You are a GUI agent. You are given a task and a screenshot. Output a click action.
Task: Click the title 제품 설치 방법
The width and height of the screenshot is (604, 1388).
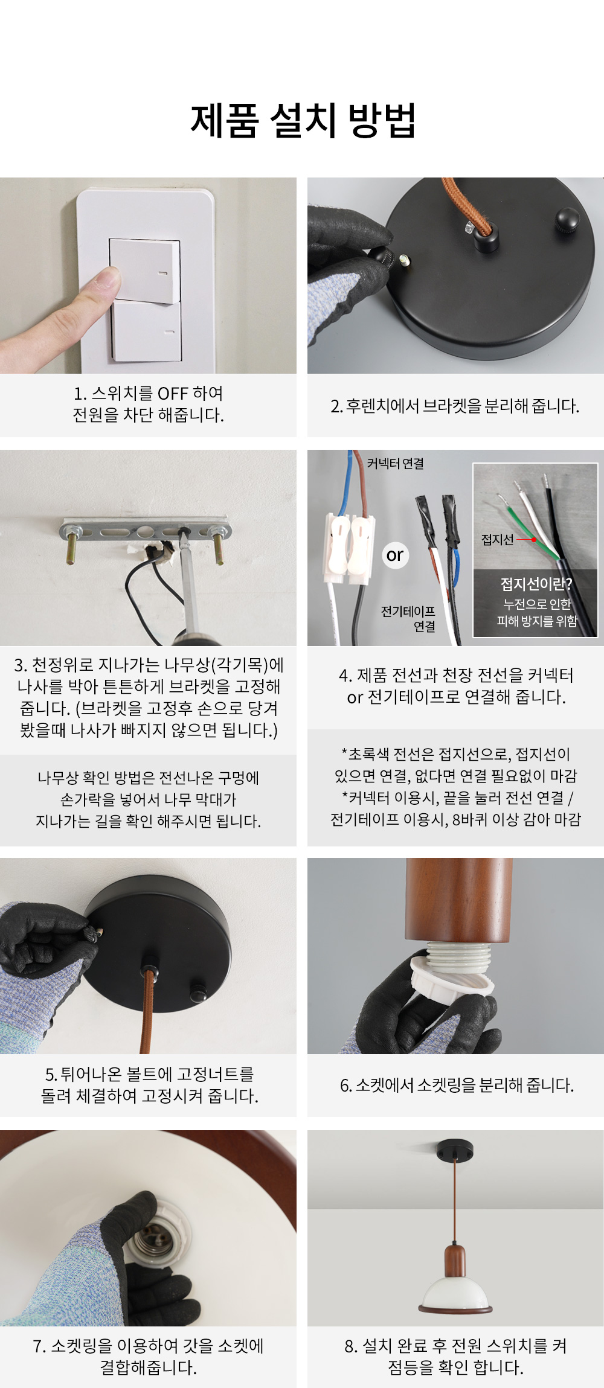[x=303, y=120]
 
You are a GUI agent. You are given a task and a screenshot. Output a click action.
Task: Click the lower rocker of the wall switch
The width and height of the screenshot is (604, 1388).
[x=147, y=331]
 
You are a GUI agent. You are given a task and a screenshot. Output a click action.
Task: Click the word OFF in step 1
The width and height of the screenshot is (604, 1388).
[x=173, y=394]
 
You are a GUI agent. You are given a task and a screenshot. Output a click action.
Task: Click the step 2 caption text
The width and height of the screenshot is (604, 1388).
[x=455, y=406]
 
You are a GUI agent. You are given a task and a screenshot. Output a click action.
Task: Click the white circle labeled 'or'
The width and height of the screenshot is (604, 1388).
[x=395, y=555]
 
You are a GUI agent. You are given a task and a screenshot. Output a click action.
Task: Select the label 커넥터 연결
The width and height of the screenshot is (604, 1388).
[x=396, y=464]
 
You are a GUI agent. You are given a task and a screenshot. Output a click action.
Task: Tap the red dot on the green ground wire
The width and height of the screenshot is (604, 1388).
[x=534, y=540]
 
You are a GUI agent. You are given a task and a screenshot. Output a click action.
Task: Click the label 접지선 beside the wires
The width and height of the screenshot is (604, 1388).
[x=497, y=540]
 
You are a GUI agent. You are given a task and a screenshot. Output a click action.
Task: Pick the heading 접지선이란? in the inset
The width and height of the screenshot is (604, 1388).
[x=536, y=584]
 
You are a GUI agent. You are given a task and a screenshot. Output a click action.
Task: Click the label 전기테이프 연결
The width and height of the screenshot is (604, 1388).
[x=408, y=619]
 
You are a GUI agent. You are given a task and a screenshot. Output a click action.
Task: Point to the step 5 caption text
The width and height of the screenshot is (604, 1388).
[x=149, y=1085]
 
